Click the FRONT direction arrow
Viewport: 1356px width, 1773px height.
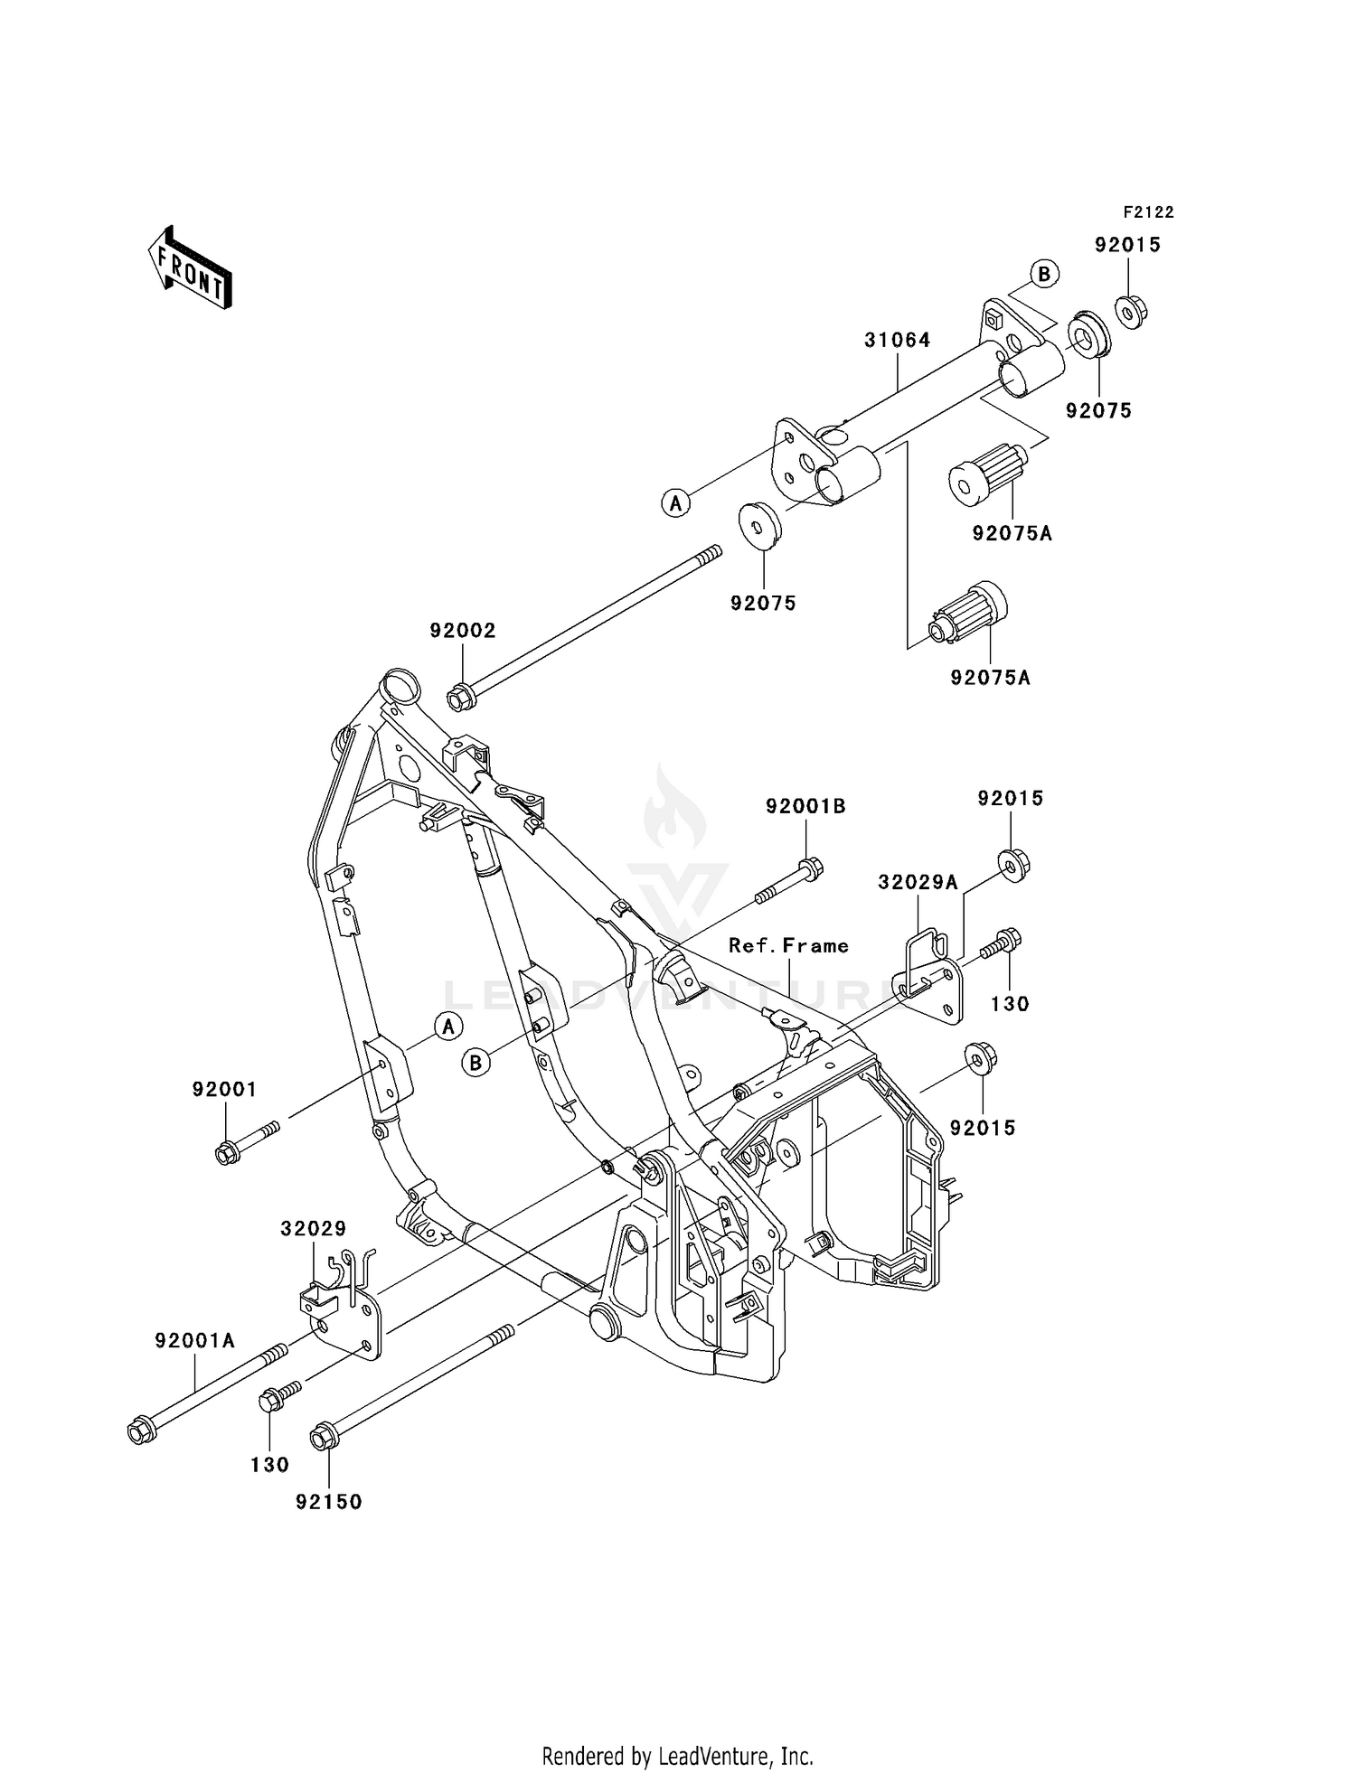pos(190,269)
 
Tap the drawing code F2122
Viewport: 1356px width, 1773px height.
pos(1148,212)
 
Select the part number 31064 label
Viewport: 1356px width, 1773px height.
pos(897,341)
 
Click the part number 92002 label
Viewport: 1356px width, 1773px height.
pos(463,631)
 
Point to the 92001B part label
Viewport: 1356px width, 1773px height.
pos(805,806)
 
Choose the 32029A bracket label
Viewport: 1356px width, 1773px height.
pos(917,883)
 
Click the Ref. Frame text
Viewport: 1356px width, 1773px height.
pos(788,946)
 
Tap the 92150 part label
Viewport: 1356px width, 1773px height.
pos(328,1502)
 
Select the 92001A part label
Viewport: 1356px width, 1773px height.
pos(194,1341)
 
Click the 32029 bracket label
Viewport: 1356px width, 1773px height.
pos(313,1229)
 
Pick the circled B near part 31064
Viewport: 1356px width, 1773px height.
pos(1044,274)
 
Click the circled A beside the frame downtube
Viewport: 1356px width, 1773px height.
pos(447,1027)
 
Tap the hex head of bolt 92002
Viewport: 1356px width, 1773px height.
pos(459,698)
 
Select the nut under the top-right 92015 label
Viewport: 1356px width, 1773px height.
pos(1129,312)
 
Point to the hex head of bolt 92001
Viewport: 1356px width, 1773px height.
pos(227,1153)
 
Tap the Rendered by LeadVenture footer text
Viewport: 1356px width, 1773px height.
pos(677,1758)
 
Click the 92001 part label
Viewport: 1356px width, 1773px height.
pos(224,1090)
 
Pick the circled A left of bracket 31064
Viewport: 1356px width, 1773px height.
pos(675,502)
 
